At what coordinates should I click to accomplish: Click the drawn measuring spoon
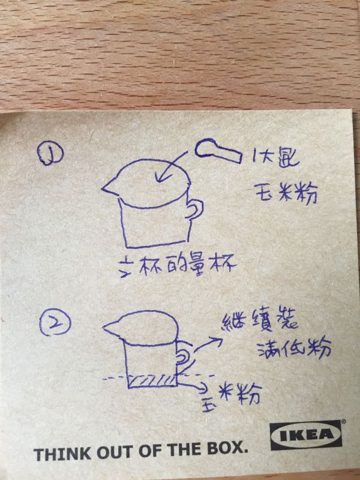click(x=216, y=150)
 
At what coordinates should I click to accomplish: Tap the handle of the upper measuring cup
click(x=194, y=210)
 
